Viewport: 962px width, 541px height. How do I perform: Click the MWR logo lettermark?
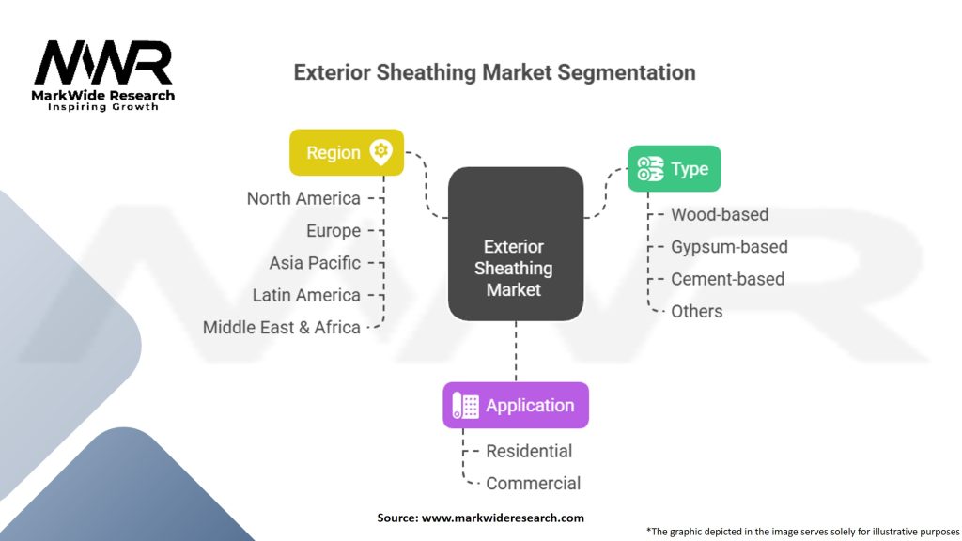click(x=103, y=63)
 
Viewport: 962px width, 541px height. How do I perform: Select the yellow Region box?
click(x=347, y=152)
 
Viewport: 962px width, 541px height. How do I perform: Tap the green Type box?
click(x=675, y=169)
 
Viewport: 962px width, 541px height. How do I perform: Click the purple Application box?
click(x=516, y=406)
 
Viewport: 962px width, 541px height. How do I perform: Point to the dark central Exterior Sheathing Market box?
click(x=516, y=243)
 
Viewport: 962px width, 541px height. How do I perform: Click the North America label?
click(x=303, y=199)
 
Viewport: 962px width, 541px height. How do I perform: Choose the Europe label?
click(x=334, y=231)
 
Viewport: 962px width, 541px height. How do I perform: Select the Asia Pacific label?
click(x=315, y=263)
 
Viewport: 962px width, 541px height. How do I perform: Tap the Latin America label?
click(x=306, y=295)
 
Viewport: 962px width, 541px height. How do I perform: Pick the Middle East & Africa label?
click(x=282, y=328)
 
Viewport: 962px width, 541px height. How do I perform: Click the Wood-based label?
click(x=720, y=215)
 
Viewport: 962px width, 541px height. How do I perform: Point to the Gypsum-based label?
click(x=729, y=247)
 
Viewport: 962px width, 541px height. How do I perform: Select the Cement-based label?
click(x=728, y=279)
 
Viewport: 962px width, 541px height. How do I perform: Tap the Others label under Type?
click(x=697, y=312)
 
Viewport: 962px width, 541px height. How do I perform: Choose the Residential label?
click(x=529, y=452)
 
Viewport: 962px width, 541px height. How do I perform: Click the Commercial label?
click(x=534, y=484)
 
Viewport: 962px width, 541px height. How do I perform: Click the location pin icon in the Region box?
click(x=381, y=152)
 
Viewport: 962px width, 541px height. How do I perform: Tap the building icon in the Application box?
click(x=465, y=406)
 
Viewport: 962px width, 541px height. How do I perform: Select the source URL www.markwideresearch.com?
click(x=504, y=518)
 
